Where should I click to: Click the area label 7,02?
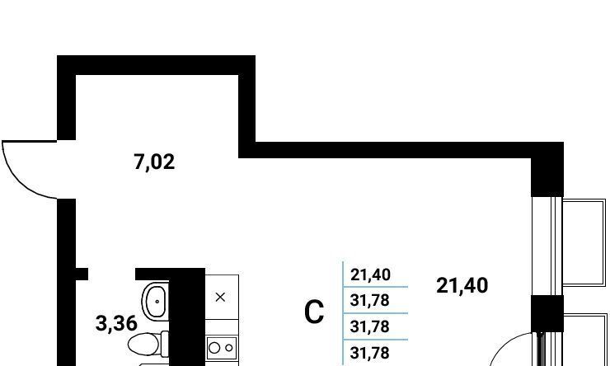pos(154,162)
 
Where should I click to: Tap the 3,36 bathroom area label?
pos(116,323)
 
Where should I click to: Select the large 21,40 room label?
pos(462,286)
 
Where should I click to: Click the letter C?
pos(314,313)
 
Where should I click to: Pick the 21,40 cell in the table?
pos(370,274)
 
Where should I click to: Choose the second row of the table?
pos(370,300)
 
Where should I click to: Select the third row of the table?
pos(370,326)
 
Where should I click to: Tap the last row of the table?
pos(370,353)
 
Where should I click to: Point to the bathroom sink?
pos(155,302)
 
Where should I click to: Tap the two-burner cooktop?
pos(221,348)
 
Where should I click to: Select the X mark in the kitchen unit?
pos(220,298)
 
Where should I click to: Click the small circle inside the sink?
pos(156,302)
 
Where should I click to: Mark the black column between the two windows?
pos(547,312)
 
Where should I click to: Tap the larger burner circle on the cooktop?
pos(214,348)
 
